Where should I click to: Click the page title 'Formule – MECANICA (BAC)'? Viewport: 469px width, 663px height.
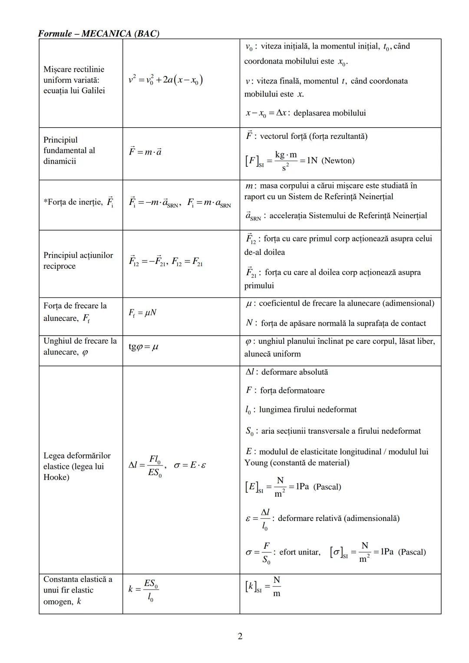point(99,33)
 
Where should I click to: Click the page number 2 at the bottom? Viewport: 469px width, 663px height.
point(240,636)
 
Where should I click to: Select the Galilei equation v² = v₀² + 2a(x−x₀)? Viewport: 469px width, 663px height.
point(166,80)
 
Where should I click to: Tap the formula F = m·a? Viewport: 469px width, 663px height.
point(145,152)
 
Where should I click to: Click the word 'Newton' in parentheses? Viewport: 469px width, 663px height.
point(338,161)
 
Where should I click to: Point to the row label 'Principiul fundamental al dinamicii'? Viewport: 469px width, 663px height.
point(69,151)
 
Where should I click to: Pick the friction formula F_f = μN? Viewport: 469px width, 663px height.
point(142,313)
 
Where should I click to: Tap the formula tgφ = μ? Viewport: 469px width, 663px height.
point(143,347)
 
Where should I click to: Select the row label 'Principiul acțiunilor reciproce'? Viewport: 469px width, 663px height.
point(78,261)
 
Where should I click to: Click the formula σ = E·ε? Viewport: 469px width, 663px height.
point(190,465)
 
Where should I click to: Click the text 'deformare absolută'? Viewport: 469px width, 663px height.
point(294,372)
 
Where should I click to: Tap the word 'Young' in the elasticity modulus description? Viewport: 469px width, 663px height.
point(256,463)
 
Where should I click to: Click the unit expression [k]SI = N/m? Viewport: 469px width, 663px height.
point(263,587)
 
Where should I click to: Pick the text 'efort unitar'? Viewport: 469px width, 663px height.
point(300,552)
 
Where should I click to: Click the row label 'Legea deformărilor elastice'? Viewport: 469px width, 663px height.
point(77,466)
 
